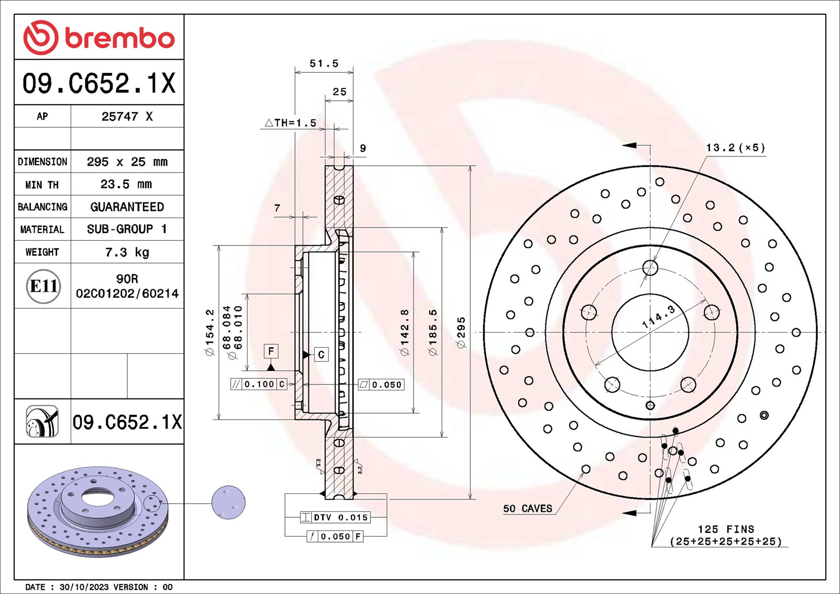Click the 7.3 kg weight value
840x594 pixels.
pos(127,252)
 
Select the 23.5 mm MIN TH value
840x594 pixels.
pos(126,184)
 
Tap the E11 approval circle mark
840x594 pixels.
pos(43,286)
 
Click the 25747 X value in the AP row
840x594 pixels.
pos(127,116)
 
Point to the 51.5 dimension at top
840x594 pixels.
pos(324,63)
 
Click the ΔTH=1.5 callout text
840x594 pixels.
pos(291,123)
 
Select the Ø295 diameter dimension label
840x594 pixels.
pos(461,332)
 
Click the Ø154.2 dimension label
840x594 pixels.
pos(209,332)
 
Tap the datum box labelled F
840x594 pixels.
pos(271,351)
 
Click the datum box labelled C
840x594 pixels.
pos(321,354)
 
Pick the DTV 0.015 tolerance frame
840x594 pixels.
pos(335,517)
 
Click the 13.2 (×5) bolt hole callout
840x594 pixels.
pos(735,148)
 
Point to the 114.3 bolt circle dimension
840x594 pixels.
pos(659,316)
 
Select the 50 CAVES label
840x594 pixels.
pos(527,508)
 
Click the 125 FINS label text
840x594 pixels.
pos(726,529)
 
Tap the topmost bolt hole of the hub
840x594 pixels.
pos(650,267)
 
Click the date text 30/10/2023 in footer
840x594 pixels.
pos(84,587)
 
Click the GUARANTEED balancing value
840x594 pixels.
pos(127,207)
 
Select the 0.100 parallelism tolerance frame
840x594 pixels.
pos(259,384)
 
